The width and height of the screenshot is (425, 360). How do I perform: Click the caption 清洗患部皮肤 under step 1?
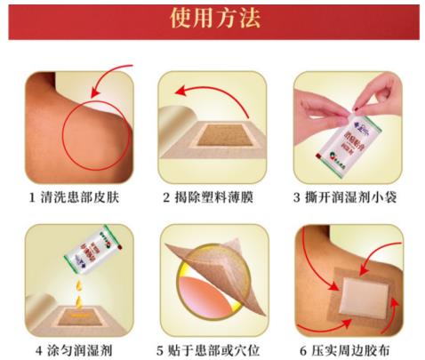pyautogui.click(x=84, y=196)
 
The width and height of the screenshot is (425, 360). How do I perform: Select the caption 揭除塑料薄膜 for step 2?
pyautogui.click(x=218, y=196)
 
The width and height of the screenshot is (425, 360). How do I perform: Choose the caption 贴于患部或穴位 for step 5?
pyautogui.click(x=218, y=349)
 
